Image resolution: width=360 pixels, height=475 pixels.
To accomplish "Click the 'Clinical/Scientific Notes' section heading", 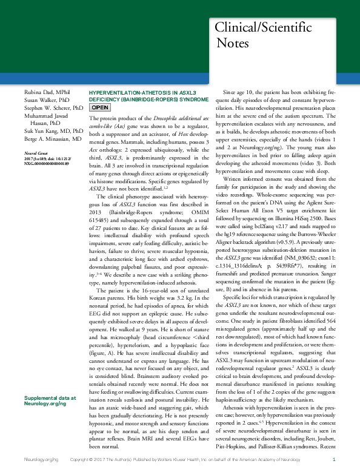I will coord(263,36).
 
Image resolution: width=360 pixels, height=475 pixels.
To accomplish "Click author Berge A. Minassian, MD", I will coord(53,138).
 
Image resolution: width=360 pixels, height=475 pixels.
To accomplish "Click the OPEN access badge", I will coord(100,107).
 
